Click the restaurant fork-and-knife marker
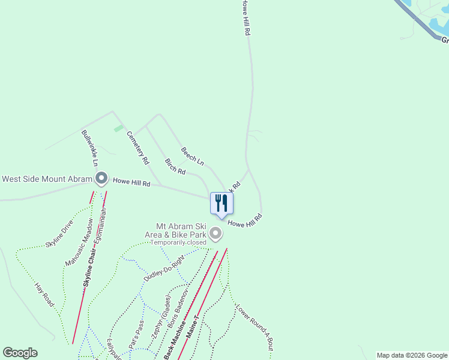click(221, 203)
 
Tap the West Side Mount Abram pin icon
click(101, 178)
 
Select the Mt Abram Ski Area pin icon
click(215, 233)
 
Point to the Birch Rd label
click(175, 166)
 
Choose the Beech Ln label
click(193, 155)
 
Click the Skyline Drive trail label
click(59, 234)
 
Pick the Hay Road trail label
click(44, 296)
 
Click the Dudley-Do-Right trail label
click(163, 267)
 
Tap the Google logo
click(20, 353)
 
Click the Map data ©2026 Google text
click(412, 355)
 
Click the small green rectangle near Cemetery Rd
click(119, 128)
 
